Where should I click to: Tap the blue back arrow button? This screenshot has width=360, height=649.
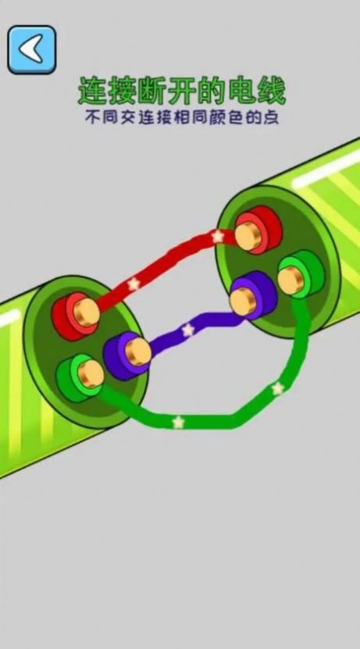tap(32, 50)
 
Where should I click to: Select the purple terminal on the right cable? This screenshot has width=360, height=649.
tap(253, 295)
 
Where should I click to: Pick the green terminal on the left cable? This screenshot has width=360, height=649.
tap(80, 377)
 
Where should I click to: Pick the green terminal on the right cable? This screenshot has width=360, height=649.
tap(301, 274)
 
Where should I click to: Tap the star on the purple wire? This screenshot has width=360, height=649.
tap(188, 330)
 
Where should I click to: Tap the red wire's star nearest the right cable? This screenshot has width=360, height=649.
tap(217, 237)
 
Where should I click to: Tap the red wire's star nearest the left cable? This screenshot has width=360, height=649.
tap(134, 284)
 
